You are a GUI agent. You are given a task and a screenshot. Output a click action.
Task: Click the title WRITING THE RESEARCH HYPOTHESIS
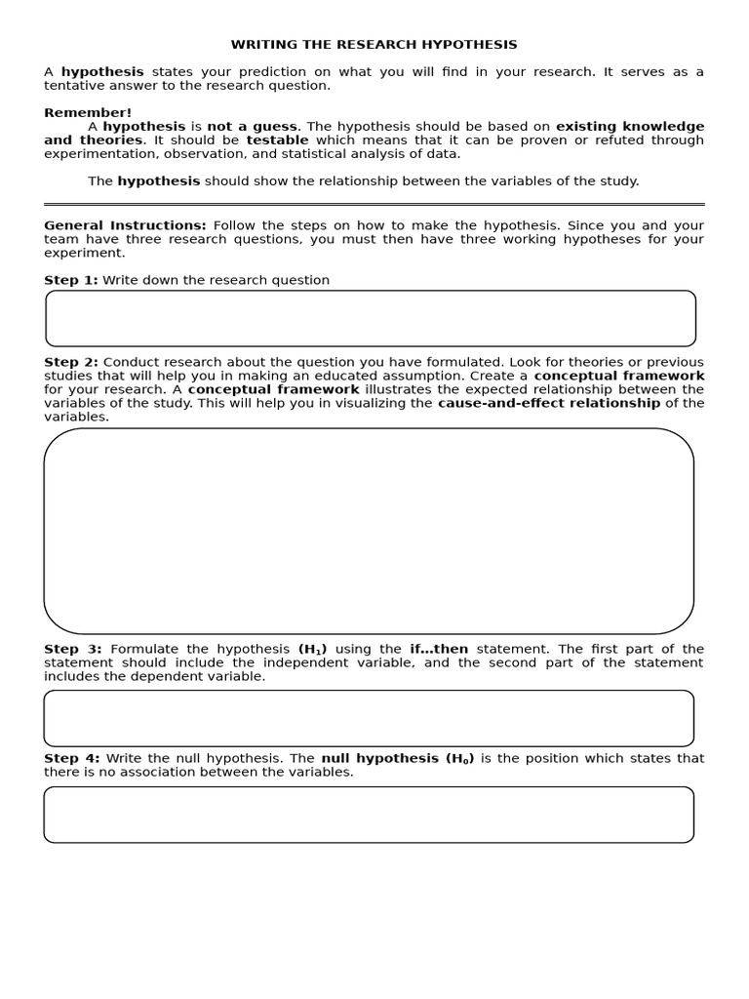point(374,45)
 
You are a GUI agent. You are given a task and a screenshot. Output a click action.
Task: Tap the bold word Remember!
point(88,113)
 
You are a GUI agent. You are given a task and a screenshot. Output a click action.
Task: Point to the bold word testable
point(277,140)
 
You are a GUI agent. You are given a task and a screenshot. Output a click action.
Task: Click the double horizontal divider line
point(374,205)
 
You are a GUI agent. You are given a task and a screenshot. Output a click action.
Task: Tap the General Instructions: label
point(125,225)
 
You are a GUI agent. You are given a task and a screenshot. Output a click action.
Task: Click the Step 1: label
point(70,280)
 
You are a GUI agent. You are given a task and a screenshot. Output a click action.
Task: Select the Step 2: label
point(70,362)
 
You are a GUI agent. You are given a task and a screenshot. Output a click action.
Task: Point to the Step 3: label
point(73,649)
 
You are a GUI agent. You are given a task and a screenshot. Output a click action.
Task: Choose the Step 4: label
point(71,758)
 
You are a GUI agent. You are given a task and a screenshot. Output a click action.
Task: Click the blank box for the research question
point(371,318)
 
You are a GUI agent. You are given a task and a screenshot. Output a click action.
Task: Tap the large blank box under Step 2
point(369,532)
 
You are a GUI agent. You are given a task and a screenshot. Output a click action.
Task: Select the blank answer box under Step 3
point(369,718)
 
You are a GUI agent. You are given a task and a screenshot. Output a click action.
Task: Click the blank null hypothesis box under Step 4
point(369,815)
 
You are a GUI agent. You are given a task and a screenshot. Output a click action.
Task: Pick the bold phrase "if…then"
point(439,649)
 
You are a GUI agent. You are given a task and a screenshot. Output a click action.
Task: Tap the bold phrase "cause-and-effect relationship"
point(549,403)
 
